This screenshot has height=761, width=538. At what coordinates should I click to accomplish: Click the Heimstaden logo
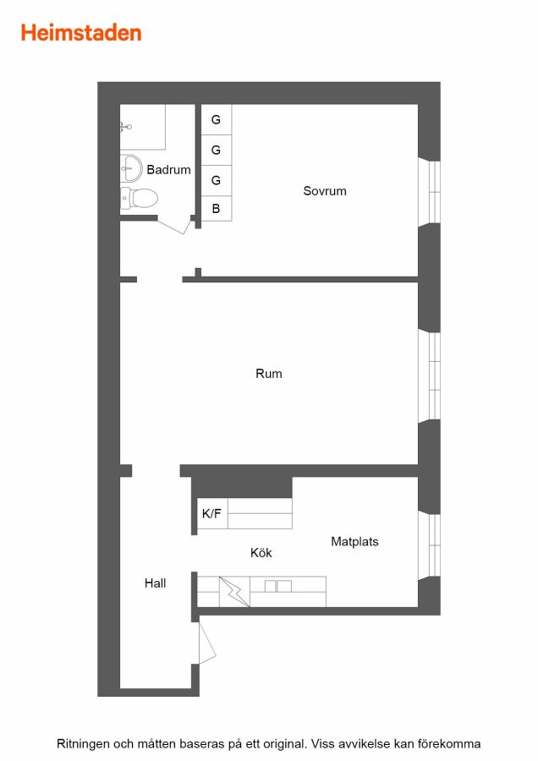click(x=81, y=33)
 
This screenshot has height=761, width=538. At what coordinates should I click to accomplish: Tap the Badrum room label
click(x=168, y=170)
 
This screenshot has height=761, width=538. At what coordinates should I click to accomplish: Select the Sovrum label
click(x=325, y=191)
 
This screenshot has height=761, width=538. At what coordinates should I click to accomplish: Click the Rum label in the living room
click(x=268, y=374)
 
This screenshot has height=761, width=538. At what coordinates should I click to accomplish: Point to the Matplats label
click(x=354, y=542)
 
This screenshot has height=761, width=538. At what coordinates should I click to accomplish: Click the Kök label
click(x=261, y=553)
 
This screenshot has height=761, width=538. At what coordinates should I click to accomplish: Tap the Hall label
click(x=156, y=583)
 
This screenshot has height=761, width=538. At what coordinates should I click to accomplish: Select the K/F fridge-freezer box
click(x=212, y=513)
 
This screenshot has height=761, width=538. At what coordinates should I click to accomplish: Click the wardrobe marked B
click(x=216, y=209)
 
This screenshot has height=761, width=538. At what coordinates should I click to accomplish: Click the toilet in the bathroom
click(x=140, y=199)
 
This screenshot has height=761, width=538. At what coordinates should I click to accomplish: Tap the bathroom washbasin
click(x=130, y=168)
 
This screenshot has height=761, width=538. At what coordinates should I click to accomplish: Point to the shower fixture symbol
click(x=125, y=127)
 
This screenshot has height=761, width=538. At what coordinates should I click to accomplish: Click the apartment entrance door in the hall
click(x=207, y=643)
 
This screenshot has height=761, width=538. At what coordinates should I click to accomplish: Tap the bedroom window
click(x=429, y=192)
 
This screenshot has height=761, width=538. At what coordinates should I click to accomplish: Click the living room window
click(x=429, y=376)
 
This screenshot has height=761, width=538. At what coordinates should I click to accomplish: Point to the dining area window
click(x=429, y=545)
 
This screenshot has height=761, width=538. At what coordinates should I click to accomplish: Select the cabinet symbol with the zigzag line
click(x=234, y=592)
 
